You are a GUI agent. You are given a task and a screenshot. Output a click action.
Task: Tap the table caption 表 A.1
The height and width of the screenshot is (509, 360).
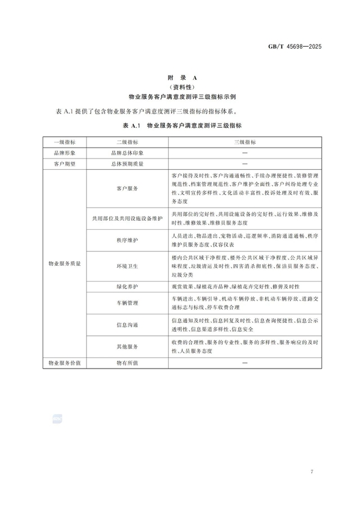pos(179,125)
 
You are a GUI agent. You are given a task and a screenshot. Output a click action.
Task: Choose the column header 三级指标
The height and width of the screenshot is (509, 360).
pos(244,142)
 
